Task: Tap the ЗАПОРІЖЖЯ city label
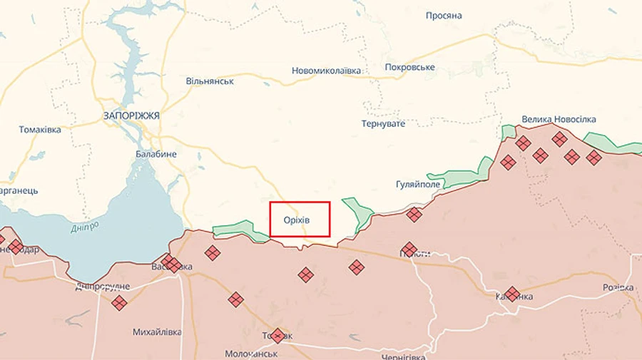coord(131,115)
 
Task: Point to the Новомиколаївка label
coord(326,71)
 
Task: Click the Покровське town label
coord(409,67)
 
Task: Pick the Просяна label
coord(444,16)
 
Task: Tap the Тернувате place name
coord(384,123)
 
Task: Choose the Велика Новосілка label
coord(559,119)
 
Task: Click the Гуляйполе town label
coord(418,184)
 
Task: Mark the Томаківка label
coord(40,130)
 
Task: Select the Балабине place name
coord(156,154)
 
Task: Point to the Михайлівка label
coord(156,332)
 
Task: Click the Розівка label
coord(618,287)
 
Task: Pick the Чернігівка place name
coord(403,356)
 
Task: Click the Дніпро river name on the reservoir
coord(86,229)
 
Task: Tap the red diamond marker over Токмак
coord(277,335)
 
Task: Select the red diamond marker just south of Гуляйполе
coord(414,214)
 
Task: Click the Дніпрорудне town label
coord(103,287)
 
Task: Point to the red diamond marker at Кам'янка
coord(512,294)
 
